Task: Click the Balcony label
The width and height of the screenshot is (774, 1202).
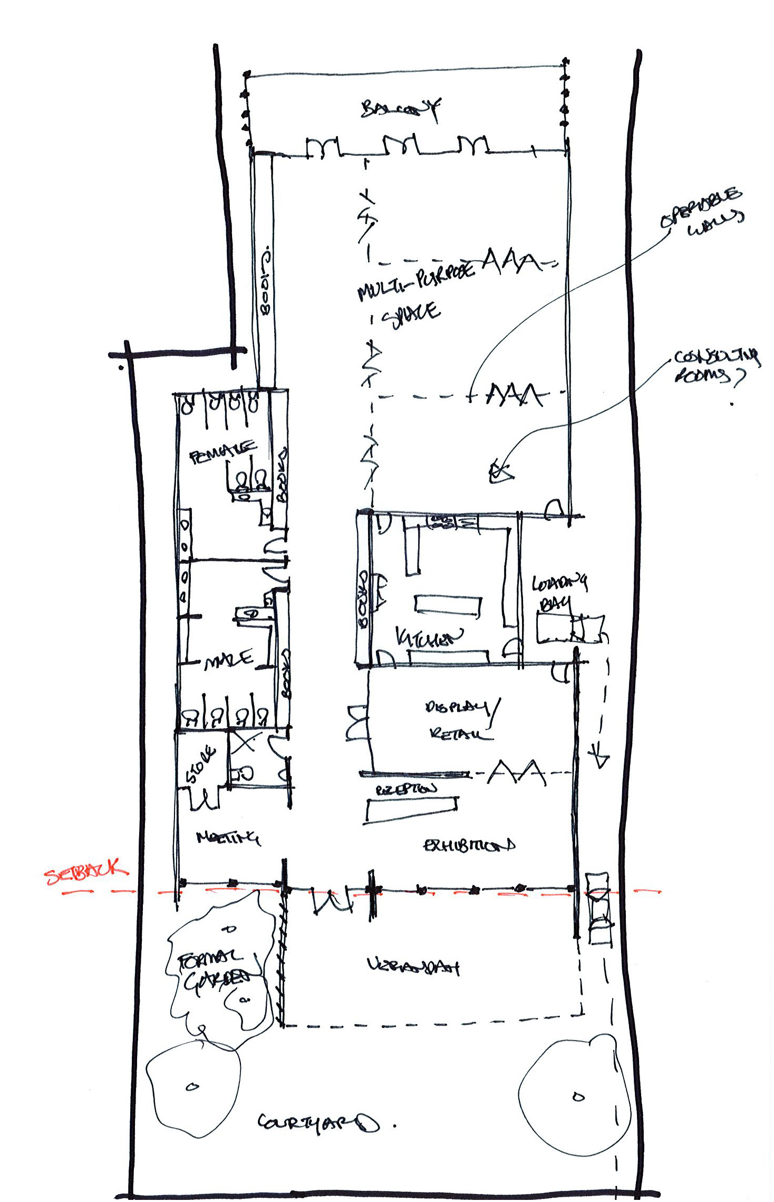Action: (401, 109)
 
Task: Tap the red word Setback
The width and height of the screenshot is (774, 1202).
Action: (85, 873)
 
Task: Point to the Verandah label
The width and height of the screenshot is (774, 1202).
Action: (413, 966)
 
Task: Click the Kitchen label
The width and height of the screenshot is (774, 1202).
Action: (429, 638)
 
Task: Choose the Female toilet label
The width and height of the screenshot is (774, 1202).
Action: (222, 452)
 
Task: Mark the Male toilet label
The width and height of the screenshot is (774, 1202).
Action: (229, 660)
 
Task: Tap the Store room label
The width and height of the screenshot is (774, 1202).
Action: (201, 764)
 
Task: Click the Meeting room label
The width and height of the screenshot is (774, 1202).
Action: (228, 837)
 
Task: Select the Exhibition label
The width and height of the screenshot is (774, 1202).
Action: (469, 845)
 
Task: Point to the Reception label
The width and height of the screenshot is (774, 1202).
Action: (406, 789)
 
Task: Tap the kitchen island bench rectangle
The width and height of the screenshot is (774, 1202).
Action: (448, 605)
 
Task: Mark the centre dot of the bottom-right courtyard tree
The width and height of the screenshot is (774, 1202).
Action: (578, 1096)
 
